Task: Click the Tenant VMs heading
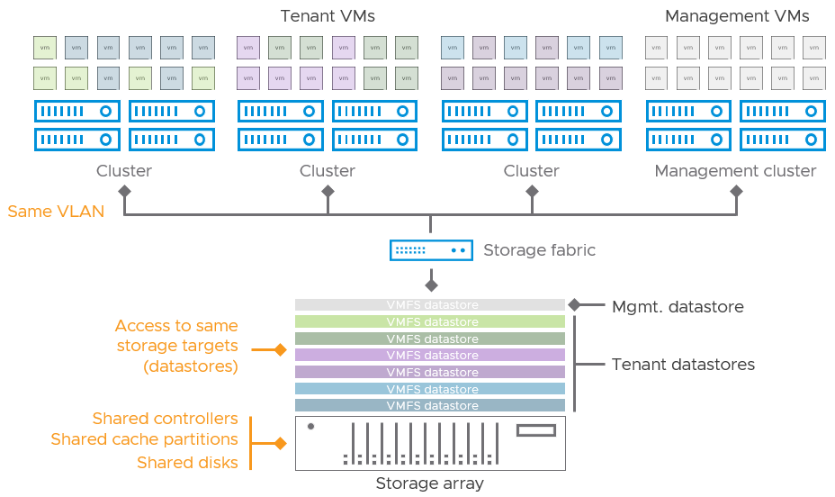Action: (x=328, y=16)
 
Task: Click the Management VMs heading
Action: (x=736, y=16)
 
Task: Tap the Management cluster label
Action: (x=735, y=171)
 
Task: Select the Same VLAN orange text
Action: (x=56, y=212)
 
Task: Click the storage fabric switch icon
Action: (x=431, y=249)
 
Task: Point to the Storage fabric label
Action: (x=539, y=250)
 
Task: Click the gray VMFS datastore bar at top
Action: (x=430, y=305)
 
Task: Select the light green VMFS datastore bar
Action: (x=430, y=321)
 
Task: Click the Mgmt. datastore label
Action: (x=678, y=307)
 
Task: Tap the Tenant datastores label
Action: (x=683, y=365)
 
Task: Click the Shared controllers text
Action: (x=165, y=419)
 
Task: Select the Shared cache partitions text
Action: (x=144, y=439)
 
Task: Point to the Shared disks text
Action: (x=187, y=462)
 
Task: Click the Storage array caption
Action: (x=430, y=483)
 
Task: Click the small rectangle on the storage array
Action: (x=535, y=430)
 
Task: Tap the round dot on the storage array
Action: (x=310, y=426)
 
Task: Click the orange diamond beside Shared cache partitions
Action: (x=280, y=443)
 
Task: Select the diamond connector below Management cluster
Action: (x=736, y=191)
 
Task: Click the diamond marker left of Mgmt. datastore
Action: (x=574, y=305)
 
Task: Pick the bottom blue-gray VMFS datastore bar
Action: (x=430, y=405)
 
